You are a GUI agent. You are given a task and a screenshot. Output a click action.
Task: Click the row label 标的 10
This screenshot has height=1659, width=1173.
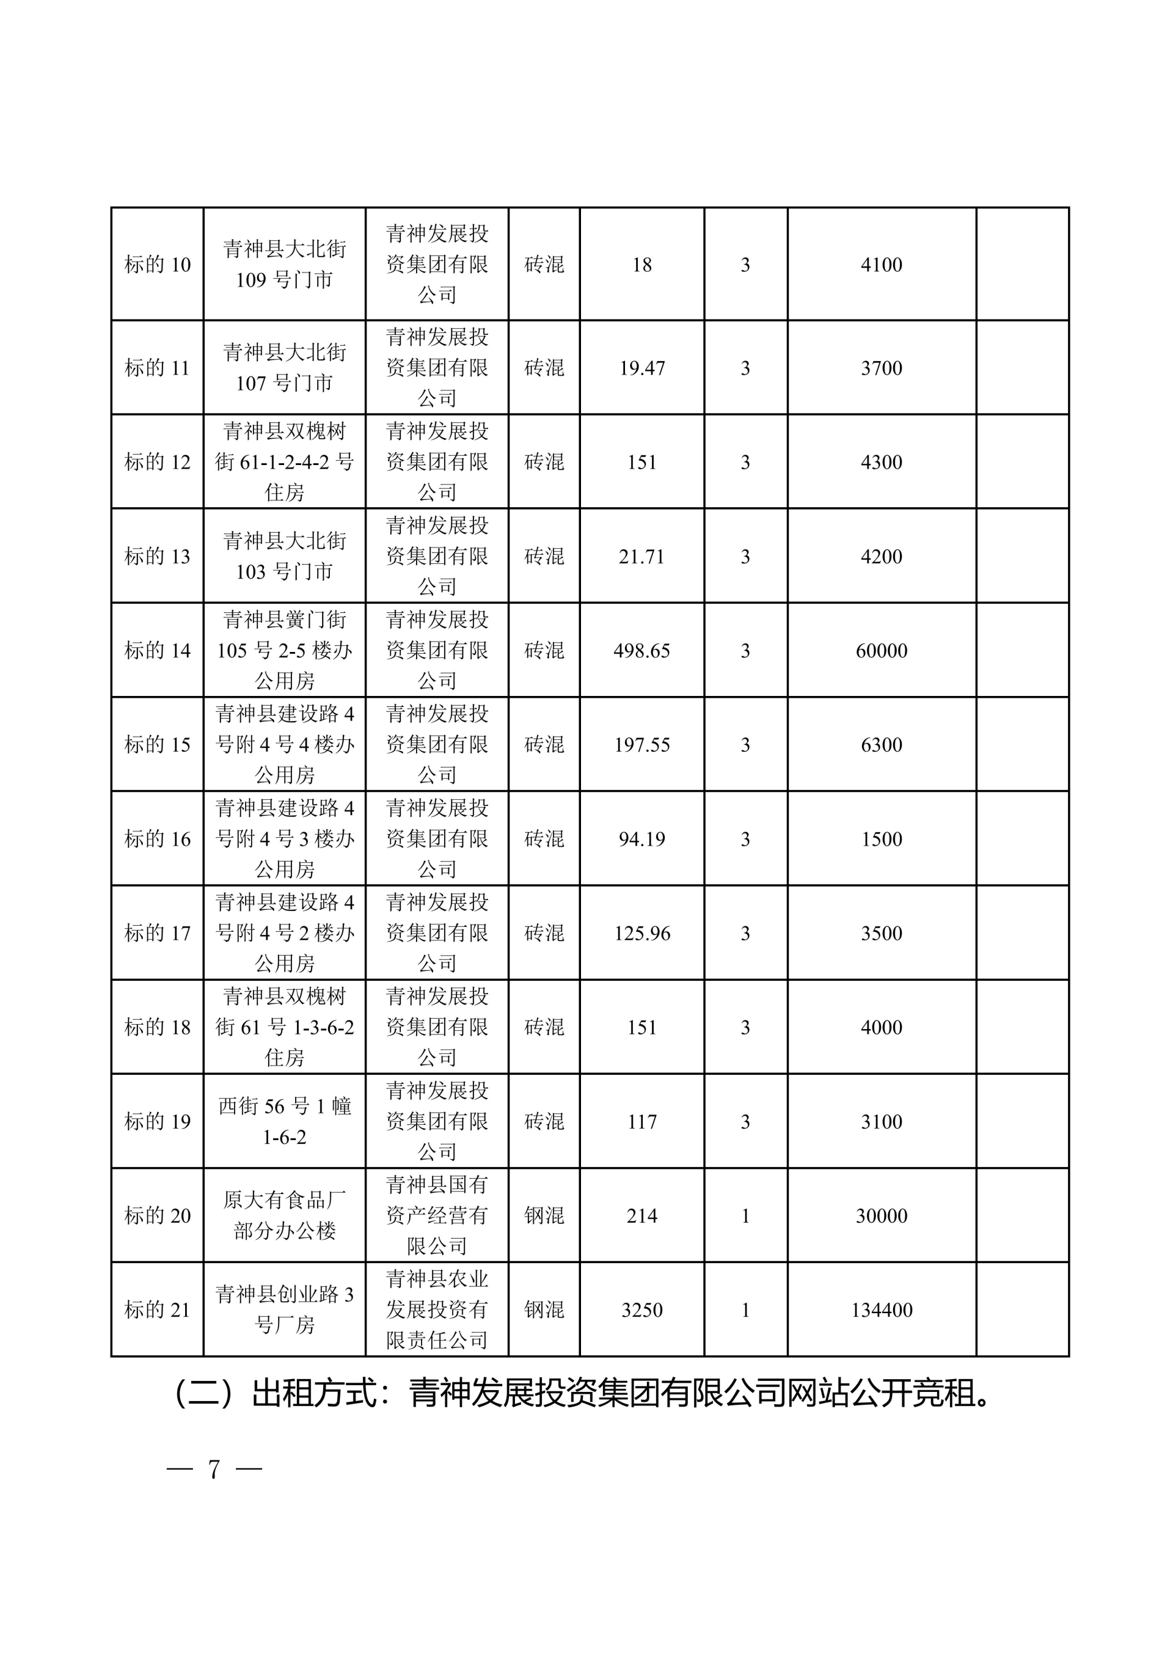point(158,265)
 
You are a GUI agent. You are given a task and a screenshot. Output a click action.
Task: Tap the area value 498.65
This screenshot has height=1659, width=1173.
point(641,650)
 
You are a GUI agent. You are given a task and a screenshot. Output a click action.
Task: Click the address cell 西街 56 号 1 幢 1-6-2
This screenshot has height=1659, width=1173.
point(285,1121)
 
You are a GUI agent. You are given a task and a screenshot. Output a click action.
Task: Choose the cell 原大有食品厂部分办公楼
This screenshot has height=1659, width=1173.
point(285,1215)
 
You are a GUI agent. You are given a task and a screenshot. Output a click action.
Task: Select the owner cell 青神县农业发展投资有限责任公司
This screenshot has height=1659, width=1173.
point(437,1310)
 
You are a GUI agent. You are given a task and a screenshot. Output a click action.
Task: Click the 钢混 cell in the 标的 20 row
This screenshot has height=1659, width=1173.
point(544,1215)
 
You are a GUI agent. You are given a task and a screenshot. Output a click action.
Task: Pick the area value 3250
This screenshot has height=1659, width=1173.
point(641,1310)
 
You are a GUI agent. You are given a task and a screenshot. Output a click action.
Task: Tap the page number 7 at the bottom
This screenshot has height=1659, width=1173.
point(214,1470)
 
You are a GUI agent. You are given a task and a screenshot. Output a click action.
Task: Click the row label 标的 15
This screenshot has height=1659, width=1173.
point(158,744)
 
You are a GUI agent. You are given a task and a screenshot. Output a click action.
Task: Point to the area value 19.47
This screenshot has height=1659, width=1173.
point(641,368)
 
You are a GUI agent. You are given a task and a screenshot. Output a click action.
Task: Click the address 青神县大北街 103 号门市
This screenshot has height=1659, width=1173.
point(285,557)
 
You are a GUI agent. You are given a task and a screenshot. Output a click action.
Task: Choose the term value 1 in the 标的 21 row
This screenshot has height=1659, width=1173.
point(745,1310)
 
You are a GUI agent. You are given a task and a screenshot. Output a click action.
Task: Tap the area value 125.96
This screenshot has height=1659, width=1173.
point(641,933)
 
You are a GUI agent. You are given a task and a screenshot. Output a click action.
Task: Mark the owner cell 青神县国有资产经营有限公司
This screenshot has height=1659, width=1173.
point(437,1215)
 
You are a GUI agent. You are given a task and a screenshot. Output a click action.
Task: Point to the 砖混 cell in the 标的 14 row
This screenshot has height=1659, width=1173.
point(544,650)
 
